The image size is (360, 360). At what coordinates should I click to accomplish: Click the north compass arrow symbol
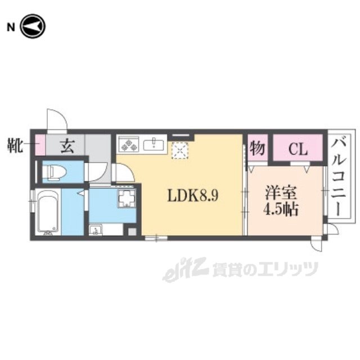(33, 26)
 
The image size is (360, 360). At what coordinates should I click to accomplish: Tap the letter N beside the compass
(11, 28)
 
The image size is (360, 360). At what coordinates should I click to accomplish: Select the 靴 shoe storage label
(15, 145)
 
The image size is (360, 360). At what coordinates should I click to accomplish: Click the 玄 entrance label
(67, 146)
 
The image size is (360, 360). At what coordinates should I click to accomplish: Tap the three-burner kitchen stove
(128, 145)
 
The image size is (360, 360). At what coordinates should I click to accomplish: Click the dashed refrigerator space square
(180, 150)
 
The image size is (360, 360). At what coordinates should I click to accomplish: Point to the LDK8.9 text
(193, 196)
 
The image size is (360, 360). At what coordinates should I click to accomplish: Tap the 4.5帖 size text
(281, 209)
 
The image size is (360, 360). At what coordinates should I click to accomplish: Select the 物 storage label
(258, 148)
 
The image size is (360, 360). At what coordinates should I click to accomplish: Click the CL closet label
(298, 150)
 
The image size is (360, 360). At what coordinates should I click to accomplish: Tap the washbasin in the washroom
(96, 230)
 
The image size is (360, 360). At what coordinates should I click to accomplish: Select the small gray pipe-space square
(132, 232)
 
